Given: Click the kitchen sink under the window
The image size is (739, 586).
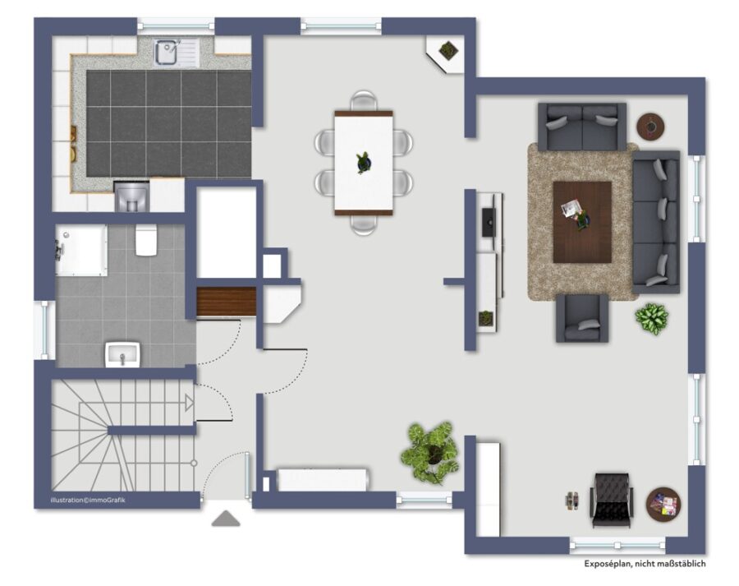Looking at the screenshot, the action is (177, 53).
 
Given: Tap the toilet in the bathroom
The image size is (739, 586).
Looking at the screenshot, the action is (146, 240).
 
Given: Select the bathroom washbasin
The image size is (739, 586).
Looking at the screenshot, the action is (122, 355).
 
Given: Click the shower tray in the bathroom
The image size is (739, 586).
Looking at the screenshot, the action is (81, 250).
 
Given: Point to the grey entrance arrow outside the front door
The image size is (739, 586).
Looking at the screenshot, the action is (226, 518).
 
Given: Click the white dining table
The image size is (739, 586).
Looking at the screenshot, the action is (364, 163).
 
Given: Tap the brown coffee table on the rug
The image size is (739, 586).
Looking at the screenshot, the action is (582, 222).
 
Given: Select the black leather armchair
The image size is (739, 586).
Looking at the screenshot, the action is (611, 501).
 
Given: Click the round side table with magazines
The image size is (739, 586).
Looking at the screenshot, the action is (663, 505).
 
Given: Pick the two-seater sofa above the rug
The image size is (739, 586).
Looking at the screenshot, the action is (582, 127).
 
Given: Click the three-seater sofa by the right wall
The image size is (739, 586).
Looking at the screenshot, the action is (656, 222).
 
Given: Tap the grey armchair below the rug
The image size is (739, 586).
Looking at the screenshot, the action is (582, 318).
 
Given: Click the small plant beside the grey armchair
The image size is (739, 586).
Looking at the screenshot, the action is (651, 319).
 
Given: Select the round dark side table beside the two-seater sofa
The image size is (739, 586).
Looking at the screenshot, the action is (651, 127).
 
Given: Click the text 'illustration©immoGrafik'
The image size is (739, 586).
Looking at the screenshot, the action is (88, 501).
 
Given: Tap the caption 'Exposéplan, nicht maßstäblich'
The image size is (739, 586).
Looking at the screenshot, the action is (645, 563).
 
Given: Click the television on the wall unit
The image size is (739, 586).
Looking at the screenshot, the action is (488, 222).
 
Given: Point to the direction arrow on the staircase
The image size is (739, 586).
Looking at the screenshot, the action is (190, 403).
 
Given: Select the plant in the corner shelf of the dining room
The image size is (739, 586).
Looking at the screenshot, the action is (448, 49).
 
